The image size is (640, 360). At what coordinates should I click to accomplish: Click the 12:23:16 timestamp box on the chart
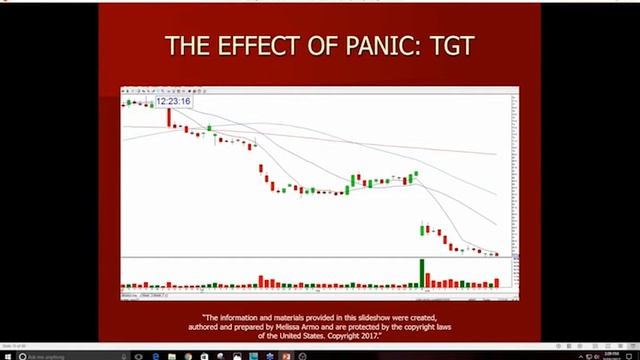coord(173,101)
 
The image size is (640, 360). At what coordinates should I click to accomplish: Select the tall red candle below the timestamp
coord(168,117)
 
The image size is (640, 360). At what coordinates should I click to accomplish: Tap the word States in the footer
coord(314,337)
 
